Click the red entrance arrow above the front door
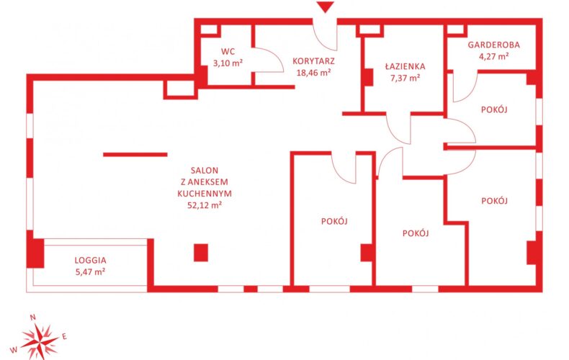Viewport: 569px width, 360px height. (325, 7)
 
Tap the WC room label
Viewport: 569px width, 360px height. (228, 51)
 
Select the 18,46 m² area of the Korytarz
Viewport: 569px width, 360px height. (313, 73)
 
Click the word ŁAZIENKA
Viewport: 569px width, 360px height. (405, 66)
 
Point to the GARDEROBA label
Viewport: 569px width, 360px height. (493, 45)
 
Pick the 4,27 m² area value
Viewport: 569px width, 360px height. (493, 56)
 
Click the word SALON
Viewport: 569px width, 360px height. (205, 170)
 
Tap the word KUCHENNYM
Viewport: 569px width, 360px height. (205, 194)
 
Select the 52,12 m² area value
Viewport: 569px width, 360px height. (205, 205)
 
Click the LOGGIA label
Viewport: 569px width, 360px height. (90, 260)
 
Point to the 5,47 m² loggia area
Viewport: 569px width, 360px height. (90, 271)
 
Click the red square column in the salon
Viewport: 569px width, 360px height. (201, 253)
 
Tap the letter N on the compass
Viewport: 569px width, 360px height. (32, 318)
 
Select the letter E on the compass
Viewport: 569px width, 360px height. (64, 336)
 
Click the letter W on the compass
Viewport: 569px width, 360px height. (14, 350)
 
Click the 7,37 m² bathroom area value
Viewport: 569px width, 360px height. (405, 78)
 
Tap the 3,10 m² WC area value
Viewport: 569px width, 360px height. (228, 63)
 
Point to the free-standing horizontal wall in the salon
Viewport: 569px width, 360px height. (135, 155)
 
